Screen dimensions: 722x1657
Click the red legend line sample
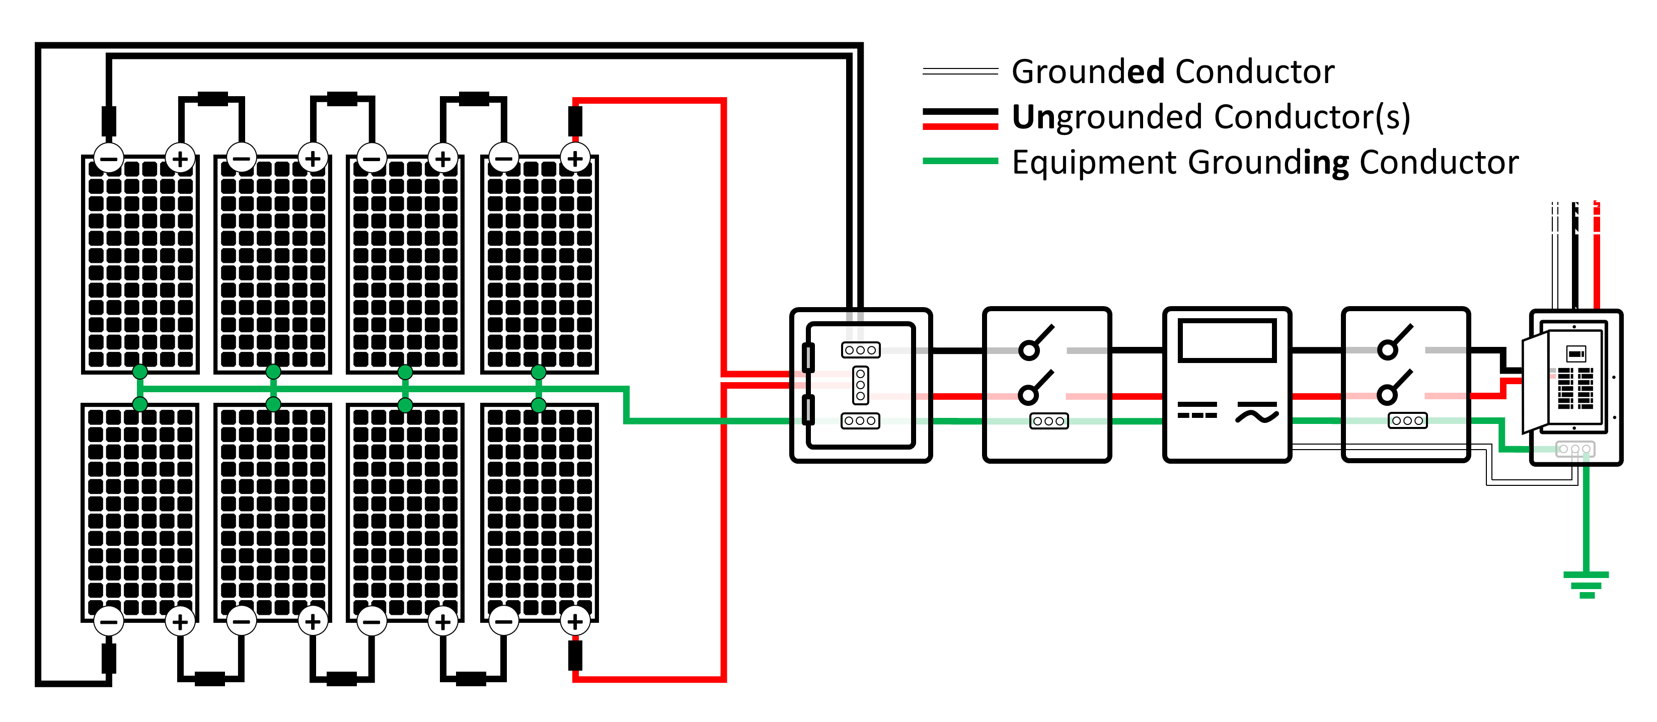(960, 126)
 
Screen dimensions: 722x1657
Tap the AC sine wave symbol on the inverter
(1256, 413)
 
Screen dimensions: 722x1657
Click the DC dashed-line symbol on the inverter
(1197, 410)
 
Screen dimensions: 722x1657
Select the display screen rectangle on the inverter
(1227, 340)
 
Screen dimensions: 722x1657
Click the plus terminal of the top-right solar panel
(575, 158)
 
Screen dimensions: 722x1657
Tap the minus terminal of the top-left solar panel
(109, 158)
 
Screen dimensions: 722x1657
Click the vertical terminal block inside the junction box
(860, 385)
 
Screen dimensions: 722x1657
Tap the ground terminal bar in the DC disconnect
(1048, 421)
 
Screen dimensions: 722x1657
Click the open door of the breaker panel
(1535, 383)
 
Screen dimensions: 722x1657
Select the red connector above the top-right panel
(575, 120)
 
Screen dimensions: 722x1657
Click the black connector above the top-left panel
(109, 120)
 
